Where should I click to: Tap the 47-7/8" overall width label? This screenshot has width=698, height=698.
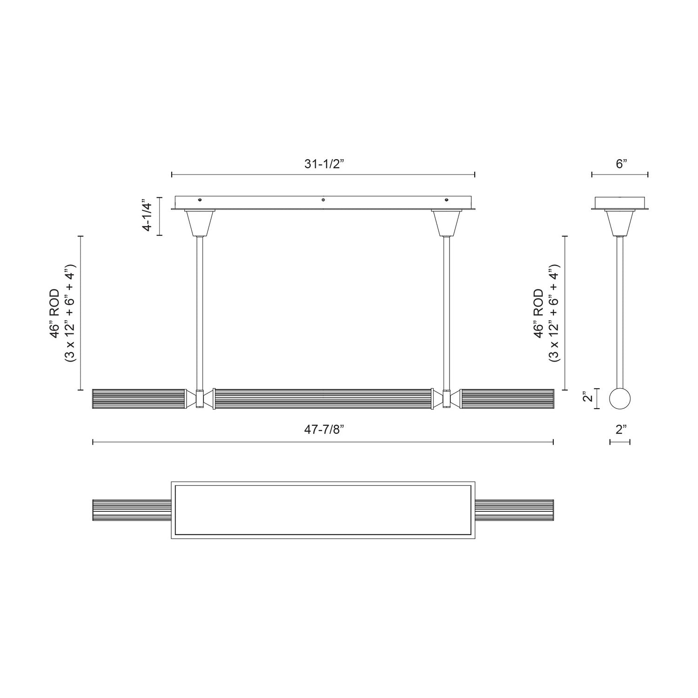[323, 430]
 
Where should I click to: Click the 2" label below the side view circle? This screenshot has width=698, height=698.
[621, 430]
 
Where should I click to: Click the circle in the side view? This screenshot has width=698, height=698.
[620, 399]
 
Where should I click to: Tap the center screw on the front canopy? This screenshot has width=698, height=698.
[323, 200]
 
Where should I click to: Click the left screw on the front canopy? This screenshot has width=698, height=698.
[200, 200]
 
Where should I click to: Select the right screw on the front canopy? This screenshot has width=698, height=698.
[447, 200]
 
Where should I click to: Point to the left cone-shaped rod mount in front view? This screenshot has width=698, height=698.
[200, 223]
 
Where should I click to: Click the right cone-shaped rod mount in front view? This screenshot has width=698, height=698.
[447, 223]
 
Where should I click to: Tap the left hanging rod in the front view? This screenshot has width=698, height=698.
[200, 312]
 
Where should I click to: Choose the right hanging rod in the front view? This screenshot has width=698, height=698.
[447, 312]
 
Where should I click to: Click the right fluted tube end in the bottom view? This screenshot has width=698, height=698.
[514, 510]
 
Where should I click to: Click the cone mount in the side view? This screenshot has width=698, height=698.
[620, 223]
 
